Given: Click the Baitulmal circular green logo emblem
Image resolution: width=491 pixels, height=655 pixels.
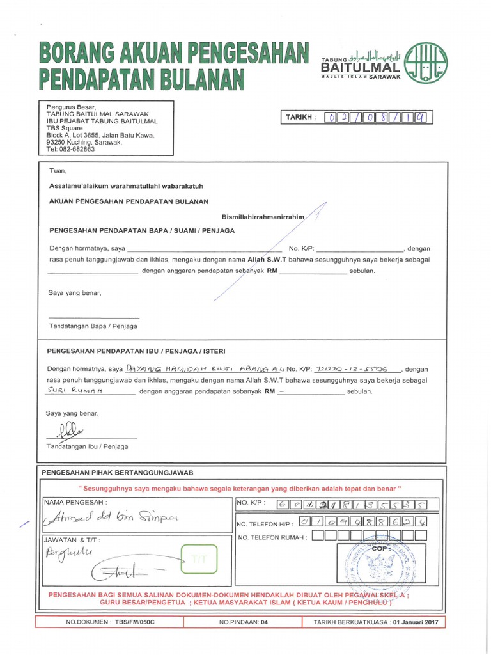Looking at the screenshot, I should tap(426, 63).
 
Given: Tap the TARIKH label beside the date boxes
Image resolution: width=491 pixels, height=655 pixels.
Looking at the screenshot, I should tap(300, 118).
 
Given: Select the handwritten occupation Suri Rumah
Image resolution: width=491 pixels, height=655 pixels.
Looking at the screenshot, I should tap(76, 388).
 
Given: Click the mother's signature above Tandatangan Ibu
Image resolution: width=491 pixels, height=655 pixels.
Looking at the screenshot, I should tap(69, 431).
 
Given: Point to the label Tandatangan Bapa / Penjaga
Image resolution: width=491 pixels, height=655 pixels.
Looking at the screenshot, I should tap(93, 326).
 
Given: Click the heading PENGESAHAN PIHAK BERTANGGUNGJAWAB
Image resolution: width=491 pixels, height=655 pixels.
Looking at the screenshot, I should tap(117, 473).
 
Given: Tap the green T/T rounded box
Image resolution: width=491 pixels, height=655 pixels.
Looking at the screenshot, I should tap(199, 560).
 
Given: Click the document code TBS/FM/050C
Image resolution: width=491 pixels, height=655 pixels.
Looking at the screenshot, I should tap(136, 622).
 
